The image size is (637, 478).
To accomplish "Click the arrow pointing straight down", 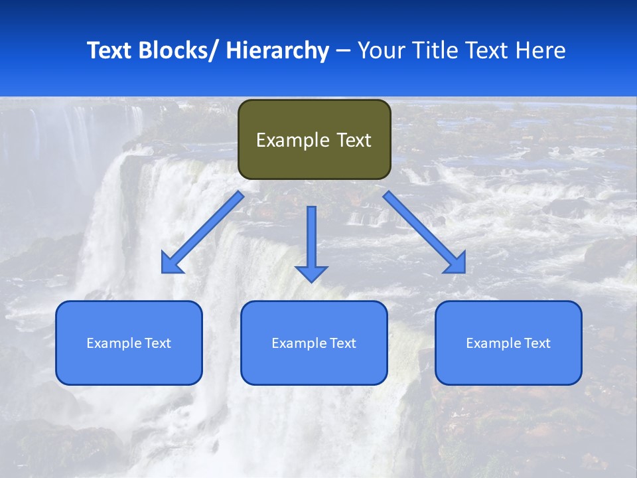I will tap(311, 242).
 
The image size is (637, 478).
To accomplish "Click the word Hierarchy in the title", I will tap(277, 50).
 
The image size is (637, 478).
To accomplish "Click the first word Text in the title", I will tap(109, 50).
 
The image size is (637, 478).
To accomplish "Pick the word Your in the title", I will tap(381, 50).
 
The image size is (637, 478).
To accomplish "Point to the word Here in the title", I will tap(541, 50).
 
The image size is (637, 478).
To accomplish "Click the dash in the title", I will tap(343, 51).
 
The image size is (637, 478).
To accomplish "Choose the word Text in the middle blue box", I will tap(343, 343).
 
